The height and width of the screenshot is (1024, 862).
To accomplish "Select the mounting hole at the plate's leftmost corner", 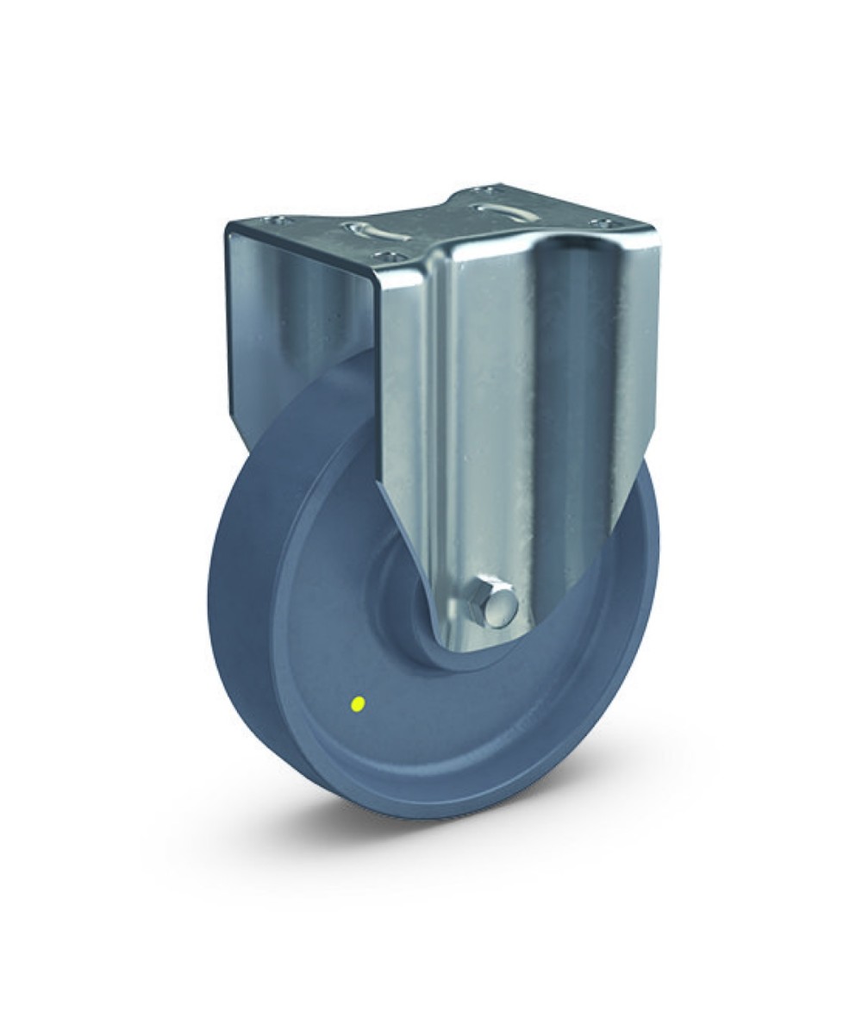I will point(276,220).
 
